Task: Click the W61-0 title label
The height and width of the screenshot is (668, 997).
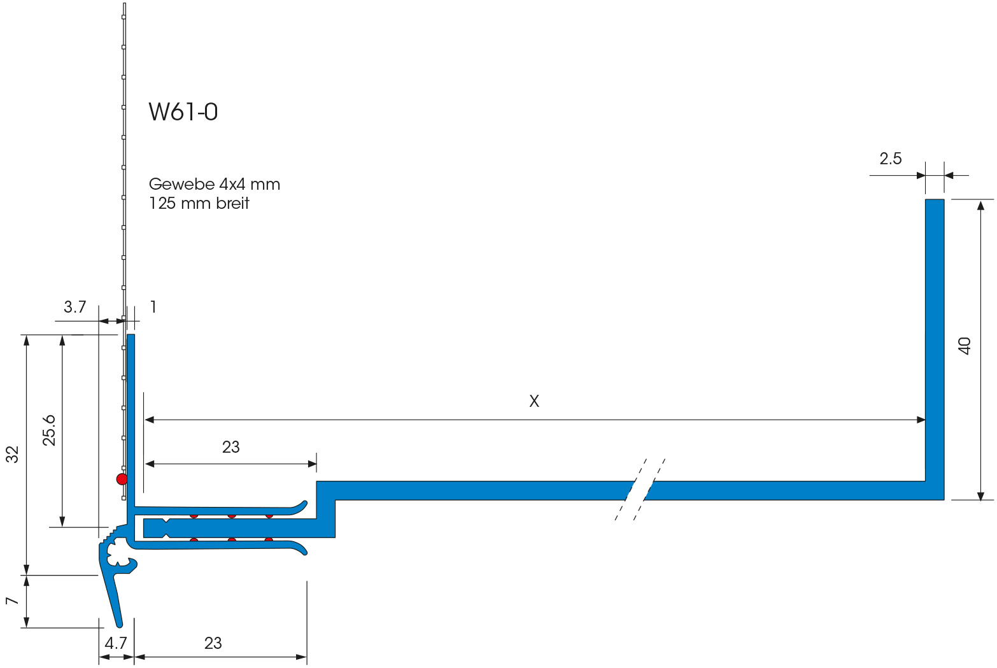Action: [183, 112]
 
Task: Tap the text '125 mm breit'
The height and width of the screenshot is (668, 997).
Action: [199, 204]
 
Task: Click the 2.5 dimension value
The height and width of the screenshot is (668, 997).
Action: [890, 159]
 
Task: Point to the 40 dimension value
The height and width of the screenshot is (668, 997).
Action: [965, 346]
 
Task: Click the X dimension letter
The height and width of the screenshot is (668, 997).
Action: [534, 401]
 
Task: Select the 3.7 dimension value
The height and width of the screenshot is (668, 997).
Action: [74, 308]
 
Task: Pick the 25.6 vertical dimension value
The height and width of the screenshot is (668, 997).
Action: [50, 430]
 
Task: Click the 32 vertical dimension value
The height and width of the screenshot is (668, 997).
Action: [13, 454]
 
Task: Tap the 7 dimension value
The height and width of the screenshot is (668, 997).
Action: [11, 601]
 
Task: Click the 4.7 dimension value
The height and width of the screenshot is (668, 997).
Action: [115, 643]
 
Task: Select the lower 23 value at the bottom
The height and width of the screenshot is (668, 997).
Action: [213, 643]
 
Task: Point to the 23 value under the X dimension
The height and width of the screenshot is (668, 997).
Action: [230, 447]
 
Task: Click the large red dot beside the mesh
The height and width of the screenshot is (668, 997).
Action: [122, 479]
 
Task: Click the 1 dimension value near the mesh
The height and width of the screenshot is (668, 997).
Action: [153, 307]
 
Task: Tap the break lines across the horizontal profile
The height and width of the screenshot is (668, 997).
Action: [640, 489]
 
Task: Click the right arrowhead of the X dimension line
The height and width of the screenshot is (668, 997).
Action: [921, 420]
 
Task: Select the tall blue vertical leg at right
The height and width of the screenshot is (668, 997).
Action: [934, 344]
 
